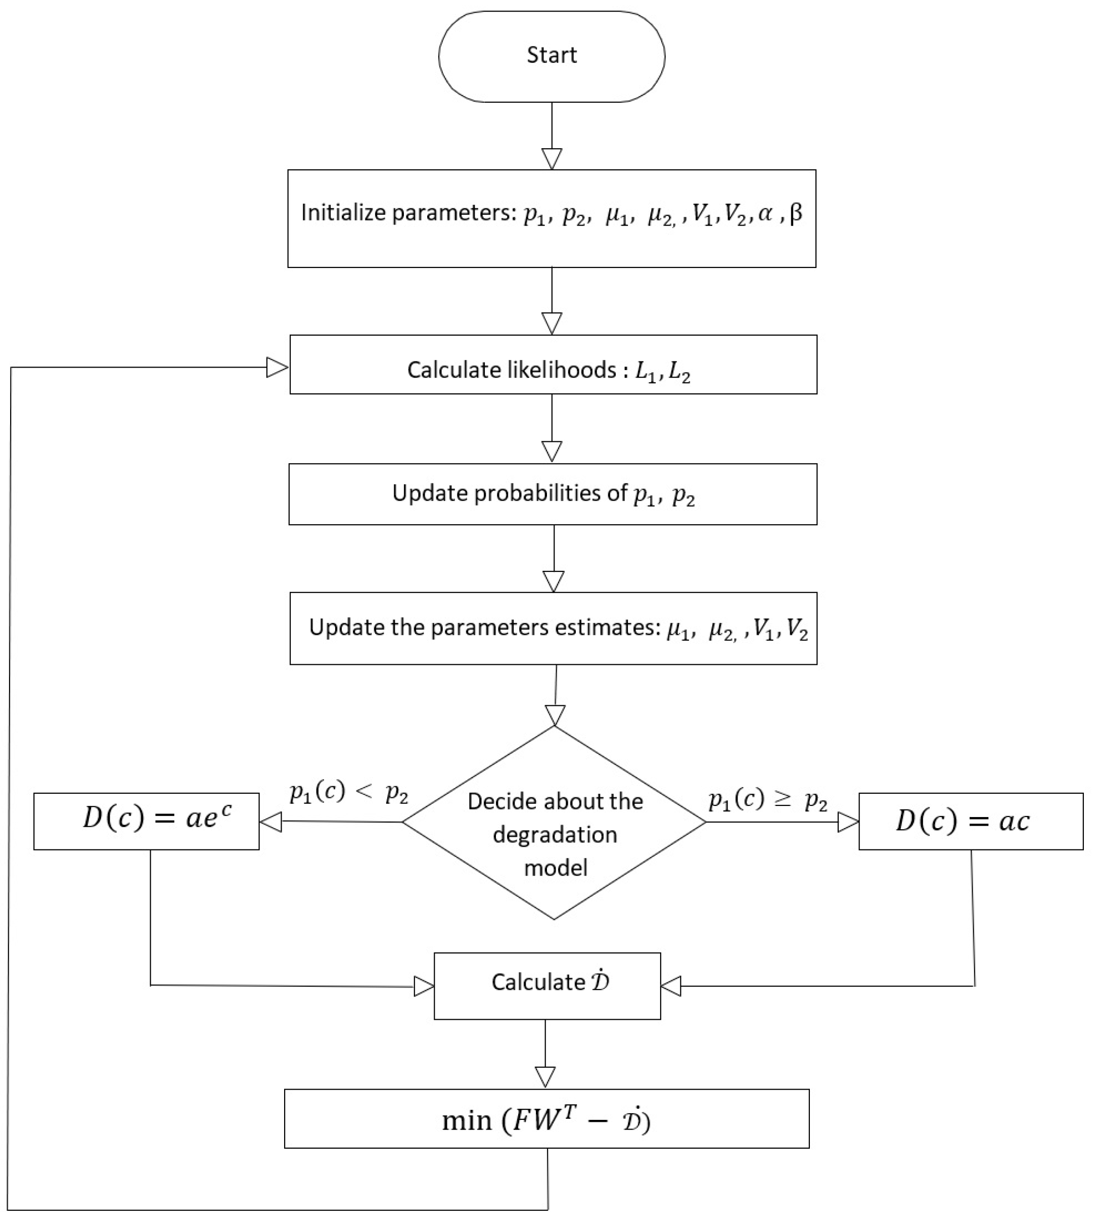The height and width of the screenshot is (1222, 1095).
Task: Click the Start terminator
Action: click(x=552, y=56)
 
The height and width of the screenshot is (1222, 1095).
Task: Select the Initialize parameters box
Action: click(x=552, y=218)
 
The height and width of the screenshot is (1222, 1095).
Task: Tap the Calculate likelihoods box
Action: click(x=553, y=365)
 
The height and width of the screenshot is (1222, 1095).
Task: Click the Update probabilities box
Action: click(x=553, y=494)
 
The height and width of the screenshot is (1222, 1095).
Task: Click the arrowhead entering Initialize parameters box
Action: click(x=552, y=159)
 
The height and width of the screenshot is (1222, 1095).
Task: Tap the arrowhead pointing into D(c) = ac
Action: click(x=847, y=822)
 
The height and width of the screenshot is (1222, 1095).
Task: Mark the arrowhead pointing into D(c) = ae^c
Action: click(x=271, y=821)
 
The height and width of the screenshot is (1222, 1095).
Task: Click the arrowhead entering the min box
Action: click(x=545, y=1076)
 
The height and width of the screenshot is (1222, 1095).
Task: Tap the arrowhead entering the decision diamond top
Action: click(x=555, y=715)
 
